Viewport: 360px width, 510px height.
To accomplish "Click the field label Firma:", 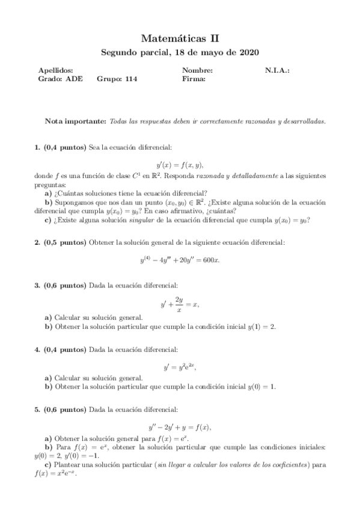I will click(x=194, y=78).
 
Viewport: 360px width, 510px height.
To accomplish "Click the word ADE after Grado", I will click(x=75, y=78).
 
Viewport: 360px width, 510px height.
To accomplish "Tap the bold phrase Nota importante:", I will click(x=76, y=121).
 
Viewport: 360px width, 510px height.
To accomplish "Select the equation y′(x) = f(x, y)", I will click(x=180, y=163).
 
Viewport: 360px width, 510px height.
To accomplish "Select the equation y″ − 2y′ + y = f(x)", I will click(x=180, y=427).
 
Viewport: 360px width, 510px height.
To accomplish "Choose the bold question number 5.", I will click(x=37, y=410).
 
